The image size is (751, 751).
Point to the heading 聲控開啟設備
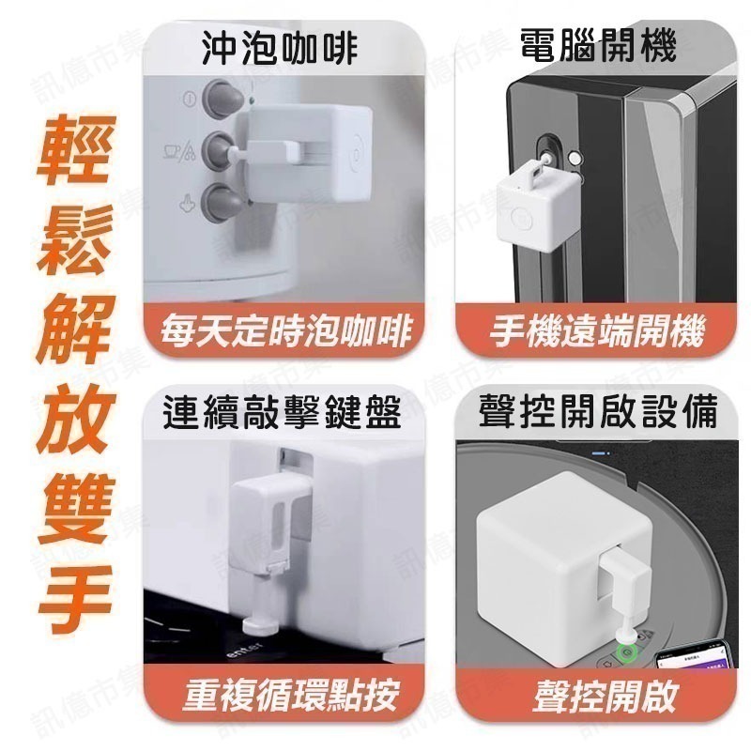598,411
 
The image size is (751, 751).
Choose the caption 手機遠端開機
599,331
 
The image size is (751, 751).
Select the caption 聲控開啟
598,696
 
